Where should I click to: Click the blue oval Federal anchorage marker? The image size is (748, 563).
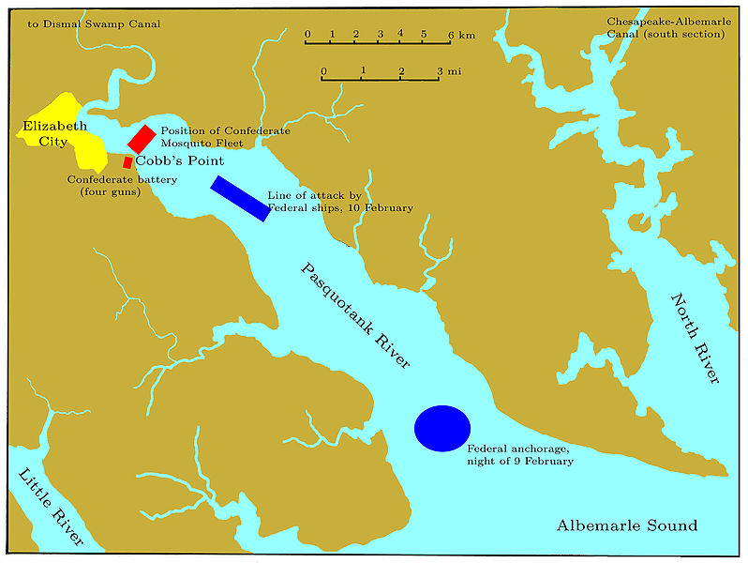pos(441,428)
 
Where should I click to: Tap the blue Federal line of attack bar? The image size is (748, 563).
pos(240,198)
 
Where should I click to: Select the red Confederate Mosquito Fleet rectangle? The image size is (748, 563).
pos(141,138)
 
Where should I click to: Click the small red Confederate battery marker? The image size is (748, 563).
pos(127,162)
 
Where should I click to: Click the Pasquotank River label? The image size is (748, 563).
pos(355,315)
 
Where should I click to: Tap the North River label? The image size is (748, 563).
pos(695,338)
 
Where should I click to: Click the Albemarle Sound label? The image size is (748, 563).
pos(626,525)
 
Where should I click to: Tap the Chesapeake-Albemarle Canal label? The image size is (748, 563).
pos(666,27)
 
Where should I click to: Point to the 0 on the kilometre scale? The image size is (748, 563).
pos(307,35)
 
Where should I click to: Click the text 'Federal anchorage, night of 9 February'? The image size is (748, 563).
pos(519,455)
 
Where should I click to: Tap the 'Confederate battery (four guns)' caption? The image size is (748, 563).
pos(111,185)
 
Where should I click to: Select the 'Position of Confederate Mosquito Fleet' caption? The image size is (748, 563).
pos(225,137)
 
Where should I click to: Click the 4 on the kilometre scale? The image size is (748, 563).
pos(400,34)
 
